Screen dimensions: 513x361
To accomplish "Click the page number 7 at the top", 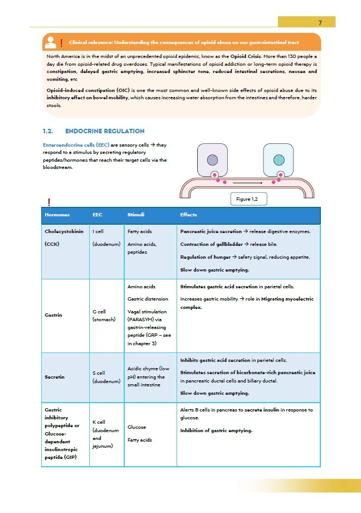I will [320, 23].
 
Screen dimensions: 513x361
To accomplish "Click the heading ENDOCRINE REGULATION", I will [105, 132].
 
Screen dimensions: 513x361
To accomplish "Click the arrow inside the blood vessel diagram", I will [248, 182].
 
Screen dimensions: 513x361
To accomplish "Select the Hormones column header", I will [57, 215].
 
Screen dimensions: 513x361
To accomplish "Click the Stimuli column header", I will [136, 215].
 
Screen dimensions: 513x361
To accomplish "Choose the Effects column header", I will [188, 215].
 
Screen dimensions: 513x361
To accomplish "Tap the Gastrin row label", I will [53, 315].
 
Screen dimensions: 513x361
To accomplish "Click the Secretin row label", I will [55, 377].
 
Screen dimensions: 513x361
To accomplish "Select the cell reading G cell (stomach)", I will [104, 315].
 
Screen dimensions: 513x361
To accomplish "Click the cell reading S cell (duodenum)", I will [106, 377].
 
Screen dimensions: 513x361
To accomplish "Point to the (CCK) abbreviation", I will [52, 244].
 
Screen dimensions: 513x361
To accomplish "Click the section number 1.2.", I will [48, 132].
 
